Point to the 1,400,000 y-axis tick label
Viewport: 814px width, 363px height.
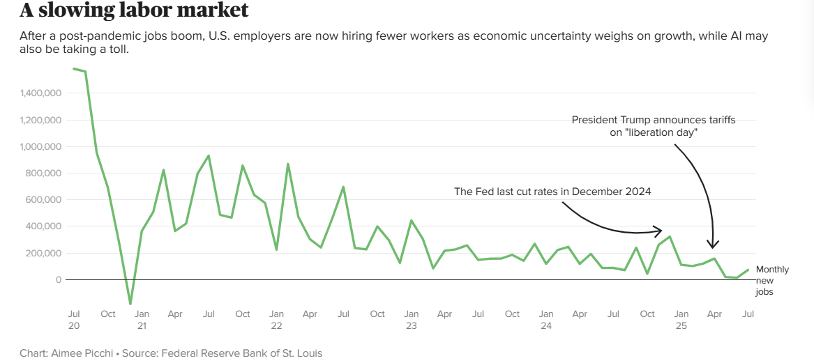pyautogui.click(x=39, y=93)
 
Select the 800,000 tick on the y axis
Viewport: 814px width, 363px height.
pyautogui.click(x=43, y=173)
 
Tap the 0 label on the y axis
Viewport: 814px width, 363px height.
pyautogui.click(x=59, y=280)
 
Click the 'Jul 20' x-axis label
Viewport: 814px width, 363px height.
pyautogui.click(x=73, y=320)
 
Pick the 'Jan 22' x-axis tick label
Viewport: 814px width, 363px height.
pyautogui.click(x=276, y=320)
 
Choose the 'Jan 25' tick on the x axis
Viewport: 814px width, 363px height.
pyautogui.click(x=681, y=320)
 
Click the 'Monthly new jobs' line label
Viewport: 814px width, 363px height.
pyautogui.click(x=772, y=280)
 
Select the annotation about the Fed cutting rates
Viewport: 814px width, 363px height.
pyautogui.click(x=552, y=192)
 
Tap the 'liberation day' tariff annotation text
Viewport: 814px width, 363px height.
pyautogui.click(x=653, y=126)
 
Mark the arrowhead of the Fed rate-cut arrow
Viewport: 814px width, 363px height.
pyautogui.click(x=659, y=230)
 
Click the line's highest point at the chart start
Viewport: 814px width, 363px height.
pyautogui.click(x=74, y=68)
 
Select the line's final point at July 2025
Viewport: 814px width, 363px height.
pyautogui.click(x=748, y=270)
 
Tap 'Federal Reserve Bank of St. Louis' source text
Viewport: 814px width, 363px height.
pyautogui.click(x=241, y=353)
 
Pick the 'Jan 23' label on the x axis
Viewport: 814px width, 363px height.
pyautogui.click(x=412, y=320)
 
